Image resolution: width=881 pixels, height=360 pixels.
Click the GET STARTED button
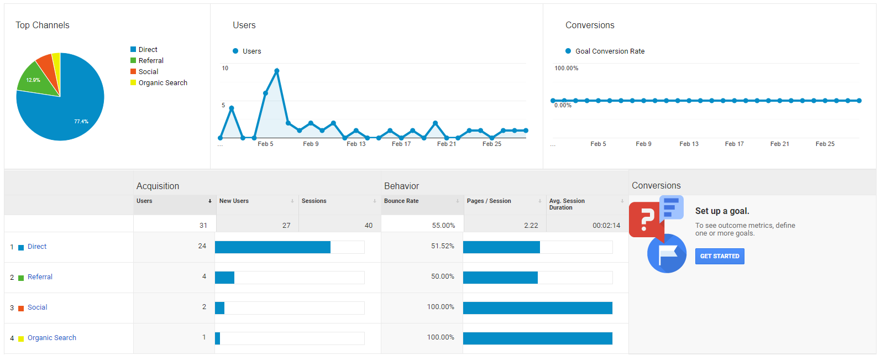click(x=720, y=256)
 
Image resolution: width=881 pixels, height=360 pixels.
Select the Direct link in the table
click(x=37, y=247)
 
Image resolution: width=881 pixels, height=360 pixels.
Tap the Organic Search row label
click(x=52, y=338)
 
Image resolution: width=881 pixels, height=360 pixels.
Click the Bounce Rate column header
click(x=401, y=201)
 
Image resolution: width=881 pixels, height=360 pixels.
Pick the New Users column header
click(x=234, y=201)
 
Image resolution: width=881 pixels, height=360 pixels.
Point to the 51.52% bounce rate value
click(x=443, y=246)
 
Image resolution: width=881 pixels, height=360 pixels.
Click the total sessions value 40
click(x=369, y=226)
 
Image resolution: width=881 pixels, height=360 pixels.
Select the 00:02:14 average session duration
click(x=606, y=226)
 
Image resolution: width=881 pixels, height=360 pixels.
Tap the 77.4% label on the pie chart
click(x=81, y=122)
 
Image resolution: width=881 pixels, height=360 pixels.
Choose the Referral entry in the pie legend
click(x=151, y=61)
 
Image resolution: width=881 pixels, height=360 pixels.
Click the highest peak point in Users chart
click(x=277, y=71)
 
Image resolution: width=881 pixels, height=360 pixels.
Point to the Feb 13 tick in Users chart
click(x=356, y=144)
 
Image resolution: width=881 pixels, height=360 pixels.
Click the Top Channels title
click(x=43, y=25)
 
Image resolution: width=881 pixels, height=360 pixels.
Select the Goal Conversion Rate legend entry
click(x=610, y=51)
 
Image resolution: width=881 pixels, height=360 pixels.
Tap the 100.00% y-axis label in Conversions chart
click(x=567, y=69)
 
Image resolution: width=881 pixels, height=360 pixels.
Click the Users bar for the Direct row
click(x=272, y=247)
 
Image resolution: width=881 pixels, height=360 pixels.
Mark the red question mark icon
click(x=645, y=219)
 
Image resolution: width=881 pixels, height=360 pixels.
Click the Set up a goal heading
click(x=722, y=211)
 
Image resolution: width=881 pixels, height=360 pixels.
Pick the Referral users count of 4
click(x=204, y=276)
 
